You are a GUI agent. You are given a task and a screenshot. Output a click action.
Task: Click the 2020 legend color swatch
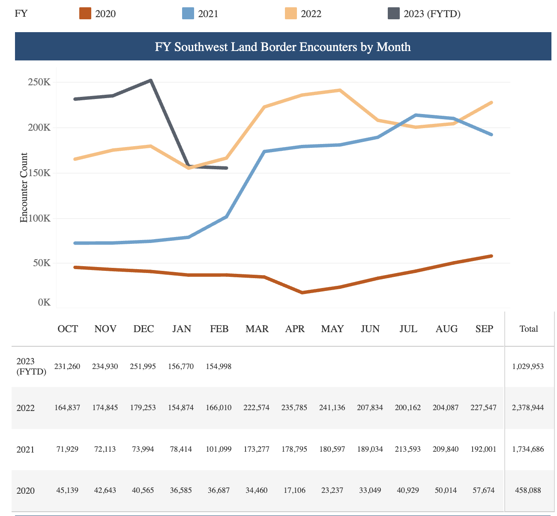pyautogui.click(x=85, y=14)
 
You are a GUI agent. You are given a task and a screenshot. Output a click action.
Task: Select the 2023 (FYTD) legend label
pyautogui.click(x=432, y=14)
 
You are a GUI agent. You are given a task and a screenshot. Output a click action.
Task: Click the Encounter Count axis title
pyautogui.click(x=24, y=188)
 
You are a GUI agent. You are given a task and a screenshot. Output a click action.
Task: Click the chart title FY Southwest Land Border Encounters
pyautogui.click(x=283, y=47)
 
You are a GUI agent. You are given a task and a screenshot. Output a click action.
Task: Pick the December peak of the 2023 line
pyautogui.click(x=151, y=80)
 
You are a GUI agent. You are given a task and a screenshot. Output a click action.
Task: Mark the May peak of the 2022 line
pyautogui.click(x=340, y=90)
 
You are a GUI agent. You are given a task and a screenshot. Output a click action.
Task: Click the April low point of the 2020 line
pyautogui.click(x=302, y=293)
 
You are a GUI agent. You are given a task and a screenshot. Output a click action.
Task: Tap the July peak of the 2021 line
pyautogui.click(x=416, y=115)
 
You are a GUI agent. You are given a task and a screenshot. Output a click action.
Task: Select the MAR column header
pyautogui.click(x=257, y=329)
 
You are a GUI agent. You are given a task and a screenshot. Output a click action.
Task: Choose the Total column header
pyautogui.click(x=528, y=329)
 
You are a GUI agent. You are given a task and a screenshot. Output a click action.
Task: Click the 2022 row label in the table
pyautogui.click(x=25, y=408)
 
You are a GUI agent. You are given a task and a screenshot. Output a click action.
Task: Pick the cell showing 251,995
pyautogui.click(x=144, y=366)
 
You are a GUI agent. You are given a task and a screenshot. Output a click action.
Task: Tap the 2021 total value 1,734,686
pyautogui.click(x=528, y=449)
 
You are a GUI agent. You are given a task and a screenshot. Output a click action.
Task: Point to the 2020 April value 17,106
pyautogui.click(x=295, y=490)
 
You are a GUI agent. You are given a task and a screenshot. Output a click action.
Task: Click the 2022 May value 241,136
pyautogui.click(x=332, y=408)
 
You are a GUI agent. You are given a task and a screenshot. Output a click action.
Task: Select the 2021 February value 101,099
pyautogui.click(x=219, y=449)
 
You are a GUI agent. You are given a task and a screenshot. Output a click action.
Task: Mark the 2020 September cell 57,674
pyautogui.click(x=484, y=490)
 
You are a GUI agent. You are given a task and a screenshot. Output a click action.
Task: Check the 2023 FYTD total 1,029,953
pyautogui.click(x=528, y=366)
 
